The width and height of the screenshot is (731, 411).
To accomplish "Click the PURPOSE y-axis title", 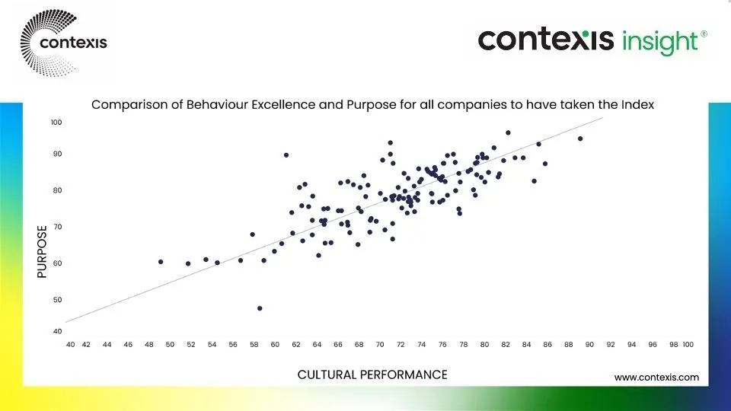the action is click(42, 252).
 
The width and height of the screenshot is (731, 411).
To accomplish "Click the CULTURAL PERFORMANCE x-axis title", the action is click(372, 374).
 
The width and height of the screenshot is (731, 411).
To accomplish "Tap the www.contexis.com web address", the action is click(656, 378).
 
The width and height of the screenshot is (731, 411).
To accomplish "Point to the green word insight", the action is click(660, 42).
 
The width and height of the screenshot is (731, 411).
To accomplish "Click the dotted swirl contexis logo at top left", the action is click(64, 43).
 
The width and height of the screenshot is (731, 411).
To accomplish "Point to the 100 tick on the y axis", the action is click(56, 122).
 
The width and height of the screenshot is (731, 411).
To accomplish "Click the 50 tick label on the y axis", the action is click(57, 300).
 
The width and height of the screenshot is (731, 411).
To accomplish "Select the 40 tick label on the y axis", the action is click(57, 331).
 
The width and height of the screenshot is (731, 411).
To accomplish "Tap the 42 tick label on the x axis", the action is click(86, 345).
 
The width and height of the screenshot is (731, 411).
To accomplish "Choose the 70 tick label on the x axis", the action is click(380, 345).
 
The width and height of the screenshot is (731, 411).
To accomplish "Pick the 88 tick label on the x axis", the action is click(569, 345).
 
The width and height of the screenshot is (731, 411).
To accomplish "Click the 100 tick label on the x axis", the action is click(688, 345).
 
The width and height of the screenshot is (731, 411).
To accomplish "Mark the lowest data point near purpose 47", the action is click(260, 308).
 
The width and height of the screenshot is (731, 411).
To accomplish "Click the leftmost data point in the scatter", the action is click(161, 262).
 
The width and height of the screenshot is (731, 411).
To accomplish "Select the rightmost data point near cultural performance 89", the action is click(580, 139).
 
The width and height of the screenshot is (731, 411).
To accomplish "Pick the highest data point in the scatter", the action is click(508, 132).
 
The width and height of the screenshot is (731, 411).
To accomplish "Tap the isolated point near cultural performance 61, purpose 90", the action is click(286, 155).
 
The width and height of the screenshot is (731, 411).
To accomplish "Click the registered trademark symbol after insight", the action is click(704, 34).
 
